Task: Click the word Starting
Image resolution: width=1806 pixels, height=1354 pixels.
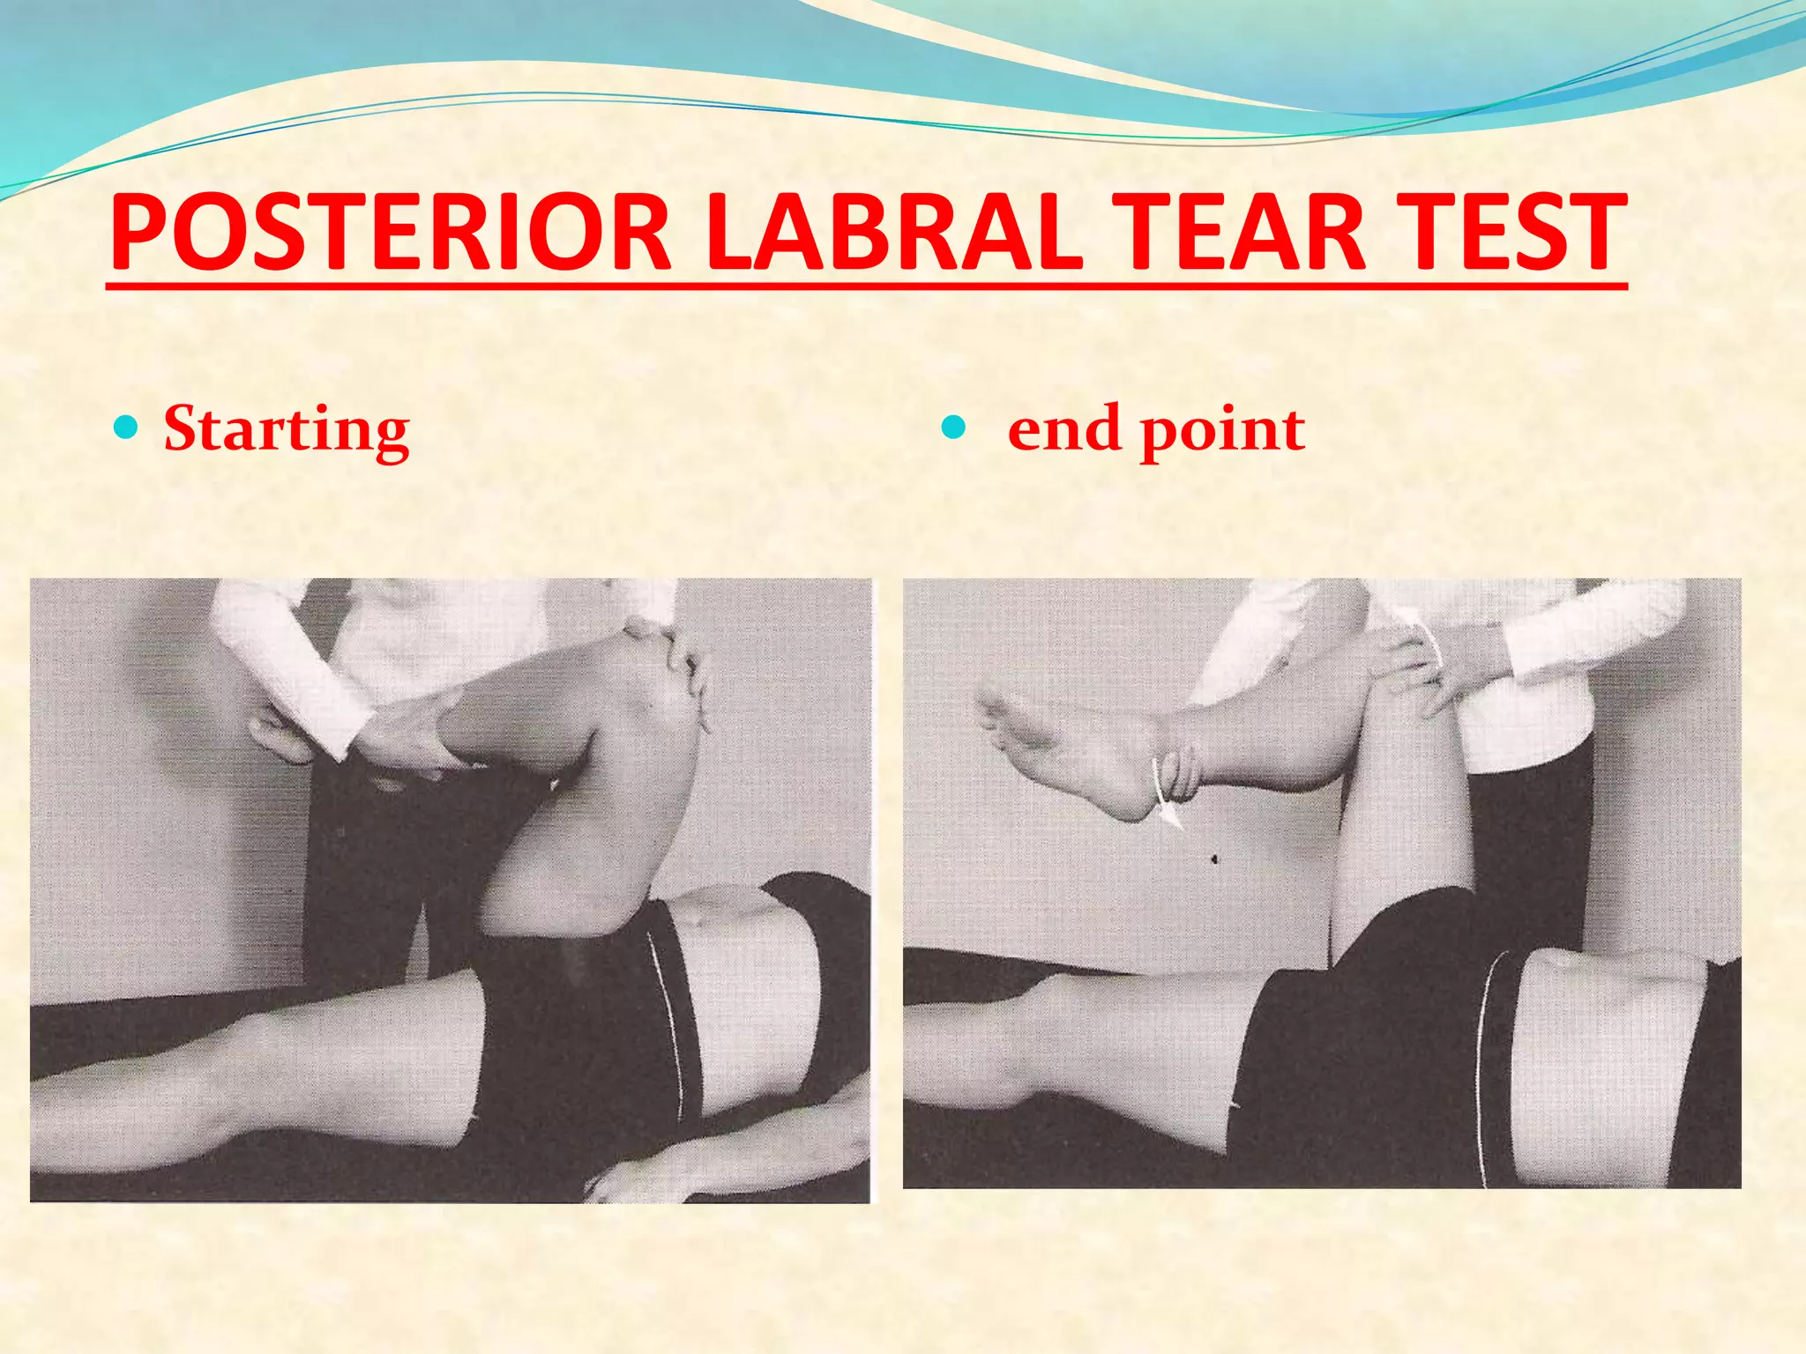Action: [287, 430]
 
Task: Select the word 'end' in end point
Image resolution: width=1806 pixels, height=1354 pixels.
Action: [1063, 429]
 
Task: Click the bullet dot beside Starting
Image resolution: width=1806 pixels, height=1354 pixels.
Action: [128, 428]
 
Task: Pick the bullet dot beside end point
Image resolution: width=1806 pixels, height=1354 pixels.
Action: [954, 428]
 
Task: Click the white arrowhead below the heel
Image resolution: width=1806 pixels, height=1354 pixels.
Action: [1171, 816]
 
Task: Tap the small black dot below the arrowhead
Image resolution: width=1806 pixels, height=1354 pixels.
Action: [1214, 858]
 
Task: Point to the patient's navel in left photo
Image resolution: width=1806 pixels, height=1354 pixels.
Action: [697, 921]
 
